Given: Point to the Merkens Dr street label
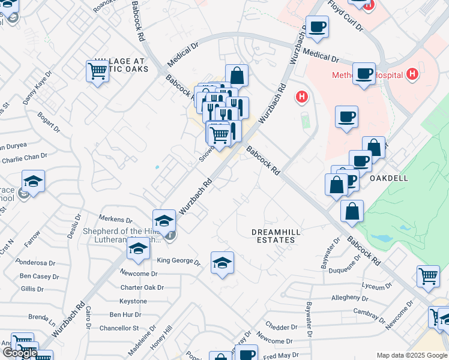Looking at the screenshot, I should tap(117, 220).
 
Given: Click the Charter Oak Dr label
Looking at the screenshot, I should tap(142, 287).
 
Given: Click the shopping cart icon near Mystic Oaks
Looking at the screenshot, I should tap(97, 71).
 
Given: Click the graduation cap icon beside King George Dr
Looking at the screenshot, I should tap(222, 262).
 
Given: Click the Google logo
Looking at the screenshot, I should tap(19, 353).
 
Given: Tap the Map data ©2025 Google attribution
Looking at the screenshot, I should tap(411, 355).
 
